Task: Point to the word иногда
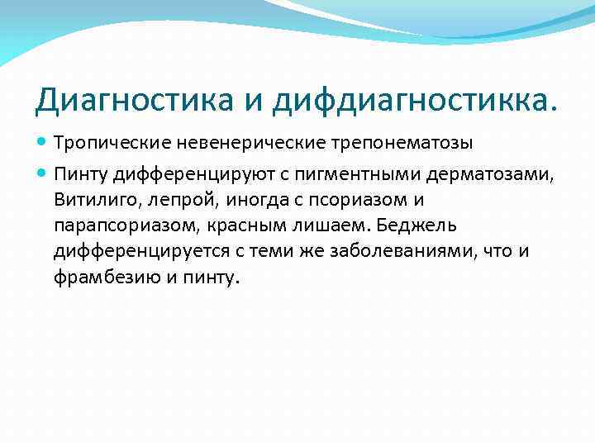point(217,199)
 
